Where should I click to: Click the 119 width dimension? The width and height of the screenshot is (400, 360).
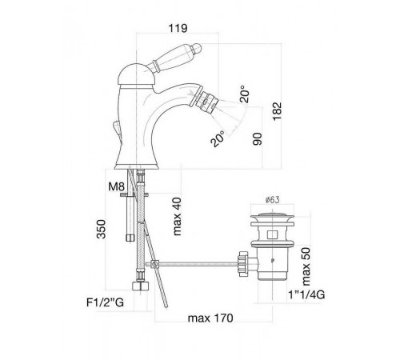[178, 28]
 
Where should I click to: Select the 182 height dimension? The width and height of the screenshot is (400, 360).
[277, 111]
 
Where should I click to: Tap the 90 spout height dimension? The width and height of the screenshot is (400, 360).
[258, 138]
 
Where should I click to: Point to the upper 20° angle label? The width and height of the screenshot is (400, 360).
[244, 94]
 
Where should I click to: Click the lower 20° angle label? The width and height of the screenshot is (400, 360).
[218, 138]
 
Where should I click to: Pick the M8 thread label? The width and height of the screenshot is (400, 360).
[116, 186]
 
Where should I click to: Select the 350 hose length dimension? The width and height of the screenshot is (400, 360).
[102, 229]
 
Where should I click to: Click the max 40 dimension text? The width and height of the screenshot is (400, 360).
[177, 217]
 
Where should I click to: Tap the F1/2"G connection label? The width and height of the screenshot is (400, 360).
[106, 302]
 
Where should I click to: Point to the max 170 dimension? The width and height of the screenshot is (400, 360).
[210, 318]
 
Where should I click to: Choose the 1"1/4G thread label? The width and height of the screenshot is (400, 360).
[306, 294]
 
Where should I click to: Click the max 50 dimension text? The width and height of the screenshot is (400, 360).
[306, 266]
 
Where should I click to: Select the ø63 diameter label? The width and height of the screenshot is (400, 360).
[272, 200]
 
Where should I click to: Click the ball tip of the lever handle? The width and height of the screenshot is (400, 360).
[197, 48]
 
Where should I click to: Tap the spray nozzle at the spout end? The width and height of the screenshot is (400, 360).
[209, 101]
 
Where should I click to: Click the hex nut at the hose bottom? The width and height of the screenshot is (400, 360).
[141, 286]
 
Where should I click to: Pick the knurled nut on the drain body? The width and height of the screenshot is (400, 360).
[243, 264]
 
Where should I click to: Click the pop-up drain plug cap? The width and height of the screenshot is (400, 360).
[272, 217]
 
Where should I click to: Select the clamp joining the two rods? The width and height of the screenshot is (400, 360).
[154, 264]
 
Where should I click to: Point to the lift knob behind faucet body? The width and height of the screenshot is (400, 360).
[117, 128]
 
